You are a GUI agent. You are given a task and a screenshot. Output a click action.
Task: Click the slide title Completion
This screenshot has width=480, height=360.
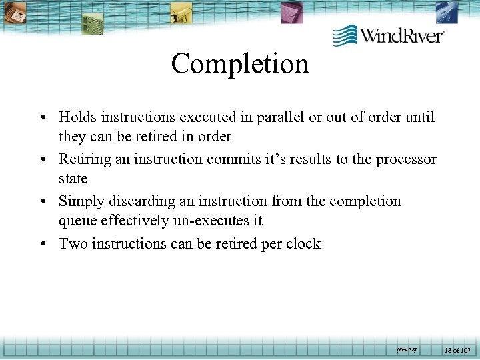click(240, 64)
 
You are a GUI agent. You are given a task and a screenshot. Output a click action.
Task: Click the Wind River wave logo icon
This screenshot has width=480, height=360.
click(345, 35)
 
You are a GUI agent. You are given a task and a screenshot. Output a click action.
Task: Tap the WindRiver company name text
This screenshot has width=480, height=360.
click(403, 35)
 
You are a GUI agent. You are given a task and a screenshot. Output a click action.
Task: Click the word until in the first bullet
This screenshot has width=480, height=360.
click(417, 117)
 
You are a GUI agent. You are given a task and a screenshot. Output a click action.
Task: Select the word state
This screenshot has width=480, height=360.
click(73, 179)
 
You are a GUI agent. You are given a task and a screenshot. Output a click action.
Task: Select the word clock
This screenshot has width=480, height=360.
click(303, 243)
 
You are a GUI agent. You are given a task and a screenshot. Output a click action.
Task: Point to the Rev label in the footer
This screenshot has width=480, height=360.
click(406, 349)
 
